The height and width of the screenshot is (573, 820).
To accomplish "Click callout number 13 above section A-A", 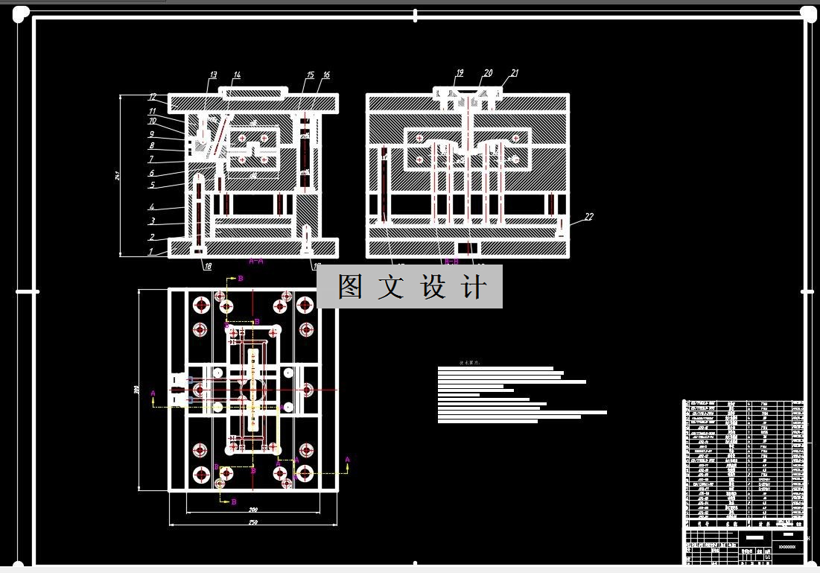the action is click(213, 75).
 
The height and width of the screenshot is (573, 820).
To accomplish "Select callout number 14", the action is click(237, 75).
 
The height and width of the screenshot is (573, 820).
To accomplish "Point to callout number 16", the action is click(326, 75).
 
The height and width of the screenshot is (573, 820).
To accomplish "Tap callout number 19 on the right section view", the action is click(460, 73).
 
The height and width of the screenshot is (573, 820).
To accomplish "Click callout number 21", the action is click(514, 73).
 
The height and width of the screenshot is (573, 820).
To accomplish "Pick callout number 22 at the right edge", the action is click(588, 217).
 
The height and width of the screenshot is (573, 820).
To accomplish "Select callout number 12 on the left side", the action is click(152, 97).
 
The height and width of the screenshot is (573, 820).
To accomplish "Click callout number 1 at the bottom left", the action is click(152, 252).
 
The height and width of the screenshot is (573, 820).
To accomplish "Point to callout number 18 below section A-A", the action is click(207, 265).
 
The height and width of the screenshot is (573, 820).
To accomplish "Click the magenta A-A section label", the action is click(255, 262).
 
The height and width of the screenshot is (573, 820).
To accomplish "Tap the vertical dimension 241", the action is click(118, 176).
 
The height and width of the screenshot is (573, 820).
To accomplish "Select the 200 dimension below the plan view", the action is click(253, 510).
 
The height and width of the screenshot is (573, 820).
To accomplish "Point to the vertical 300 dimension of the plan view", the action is click(137, 389).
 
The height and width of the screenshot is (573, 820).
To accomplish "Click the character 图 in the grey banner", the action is click(350, 287).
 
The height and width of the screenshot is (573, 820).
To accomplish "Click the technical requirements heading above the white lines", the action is click(470, 364).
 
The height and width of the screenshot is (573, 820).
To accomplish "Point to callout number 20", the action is click(488, 73).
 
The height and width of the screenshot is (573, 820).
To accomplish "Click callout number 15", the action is click(310, 75).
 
